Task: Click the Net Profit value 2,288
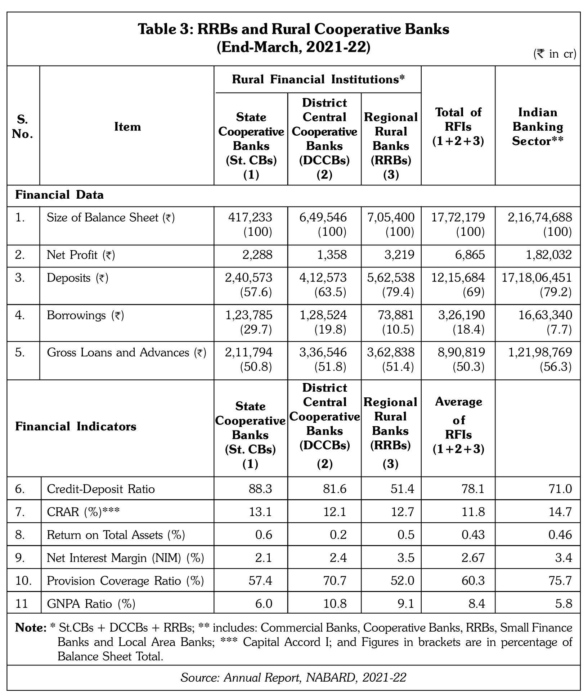257,255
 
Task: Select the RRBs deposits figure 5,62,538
391,277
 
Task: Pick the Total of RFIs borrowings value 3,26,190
461,315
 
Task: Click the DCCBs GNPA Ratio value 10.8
336,603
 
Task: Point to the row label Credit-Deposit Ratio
101,489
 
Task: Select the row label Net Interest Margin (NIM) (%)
125,558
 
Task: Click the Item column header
127,127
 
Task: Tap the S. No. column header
23,127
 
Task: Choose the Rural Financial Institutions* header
318,79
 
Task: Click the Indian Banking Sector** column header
538,127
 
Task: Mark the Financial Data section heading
59,195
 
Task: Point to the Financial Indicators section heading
76,427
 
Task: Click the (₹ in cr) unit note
555,54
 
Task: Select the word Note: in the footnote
31,628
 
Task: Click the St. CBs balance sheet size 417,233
250,217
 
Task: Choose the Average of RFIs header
458,425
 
